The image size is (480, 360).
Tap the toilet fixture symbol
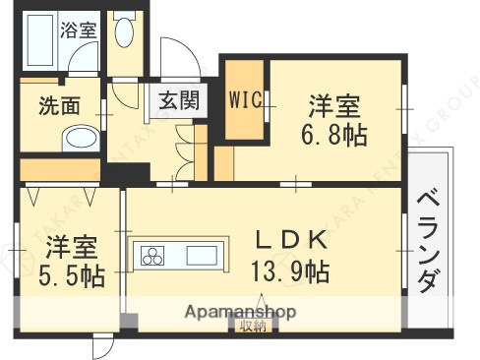[x=124, y=33]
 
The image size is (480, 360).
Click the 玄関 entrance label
[x=178, y=99]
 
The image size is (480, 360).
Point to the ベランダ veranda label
[x=428, y=240]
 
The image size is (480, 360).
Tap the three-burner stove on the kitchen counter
[x=154, y=257]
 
